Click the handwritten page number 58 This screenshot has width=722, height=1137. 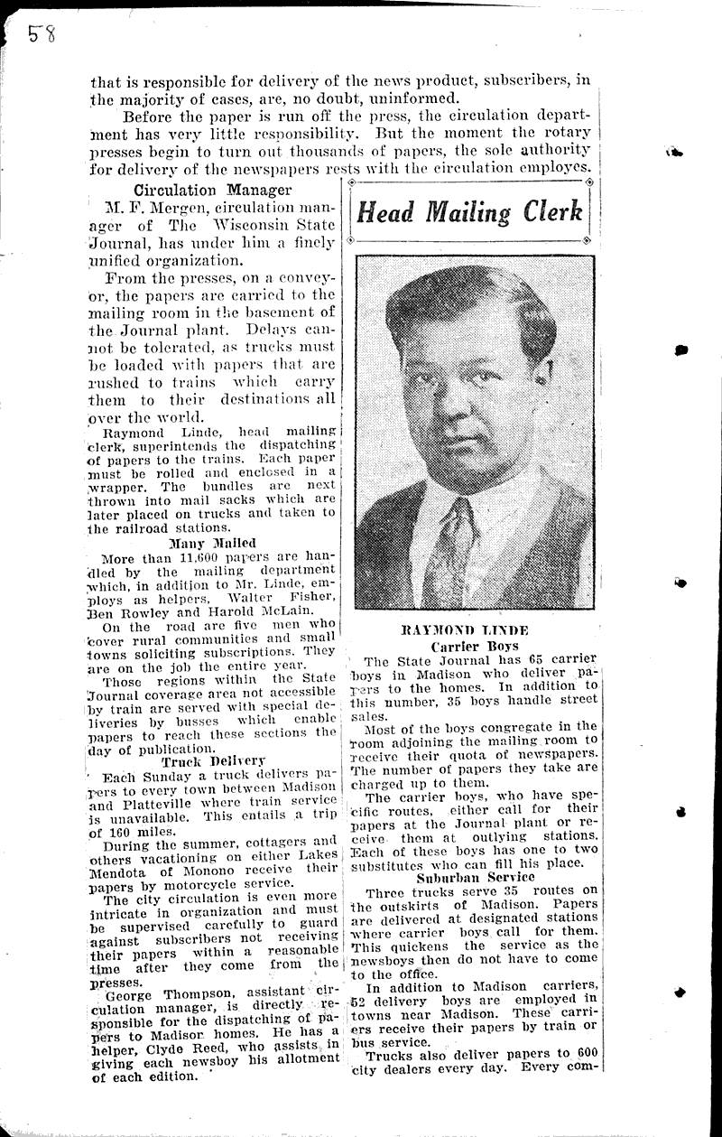[41, 34]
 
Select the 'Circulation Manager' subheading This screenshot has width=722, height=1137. [212, 190]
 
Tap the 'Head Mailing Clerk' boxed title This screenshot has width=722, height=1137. [468, 212]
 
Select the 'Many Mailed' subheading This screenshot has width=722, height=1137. [212, 543]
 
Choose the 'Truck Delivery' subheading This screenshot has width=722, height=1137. [213, 760]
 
